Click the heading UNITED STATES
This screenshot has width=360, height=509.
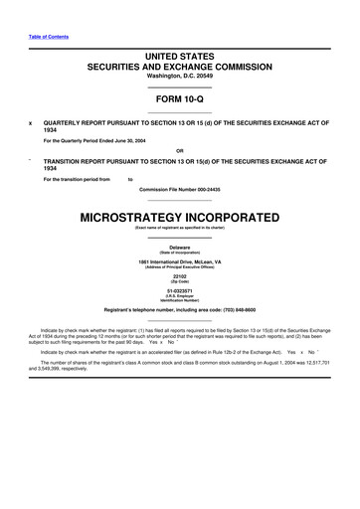179,57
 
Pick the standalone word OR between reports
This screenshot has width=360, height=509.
179,151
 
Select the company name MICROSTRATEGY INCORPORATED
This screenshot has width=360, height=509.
179,217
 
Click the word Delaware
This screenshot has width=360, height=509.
179,246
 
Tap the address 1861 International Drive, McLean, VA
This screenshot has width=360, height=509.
179,260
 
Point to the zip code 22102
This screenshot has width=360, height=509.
179,276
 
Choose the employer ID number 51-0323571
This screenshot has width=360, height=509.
179,291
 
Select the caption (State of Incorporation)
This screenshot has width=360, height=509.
179,252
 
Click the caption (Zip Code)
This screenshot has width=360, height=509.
179,282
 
